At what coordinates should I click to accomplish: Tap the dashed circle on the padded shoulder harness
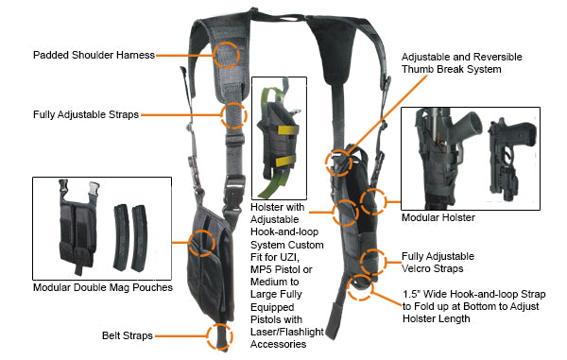pyautogui.click(x=228, y=54)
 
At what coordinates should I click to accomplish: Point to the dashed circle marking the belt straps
pyautogui.click(x=218, y=334)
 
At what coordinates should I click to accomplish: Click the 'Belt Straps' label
pyautogui.click(x=127, y=335)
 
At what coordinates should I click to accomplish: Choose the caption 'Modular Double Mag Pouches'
pyautogui.click(x=102, y=286)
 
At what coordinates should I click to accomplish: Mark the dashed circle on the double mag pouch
pyautogui.click(x=200, y=243)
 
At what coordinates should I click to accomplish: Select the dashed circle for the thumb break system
pyautogui.click(x=338, y=162)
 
